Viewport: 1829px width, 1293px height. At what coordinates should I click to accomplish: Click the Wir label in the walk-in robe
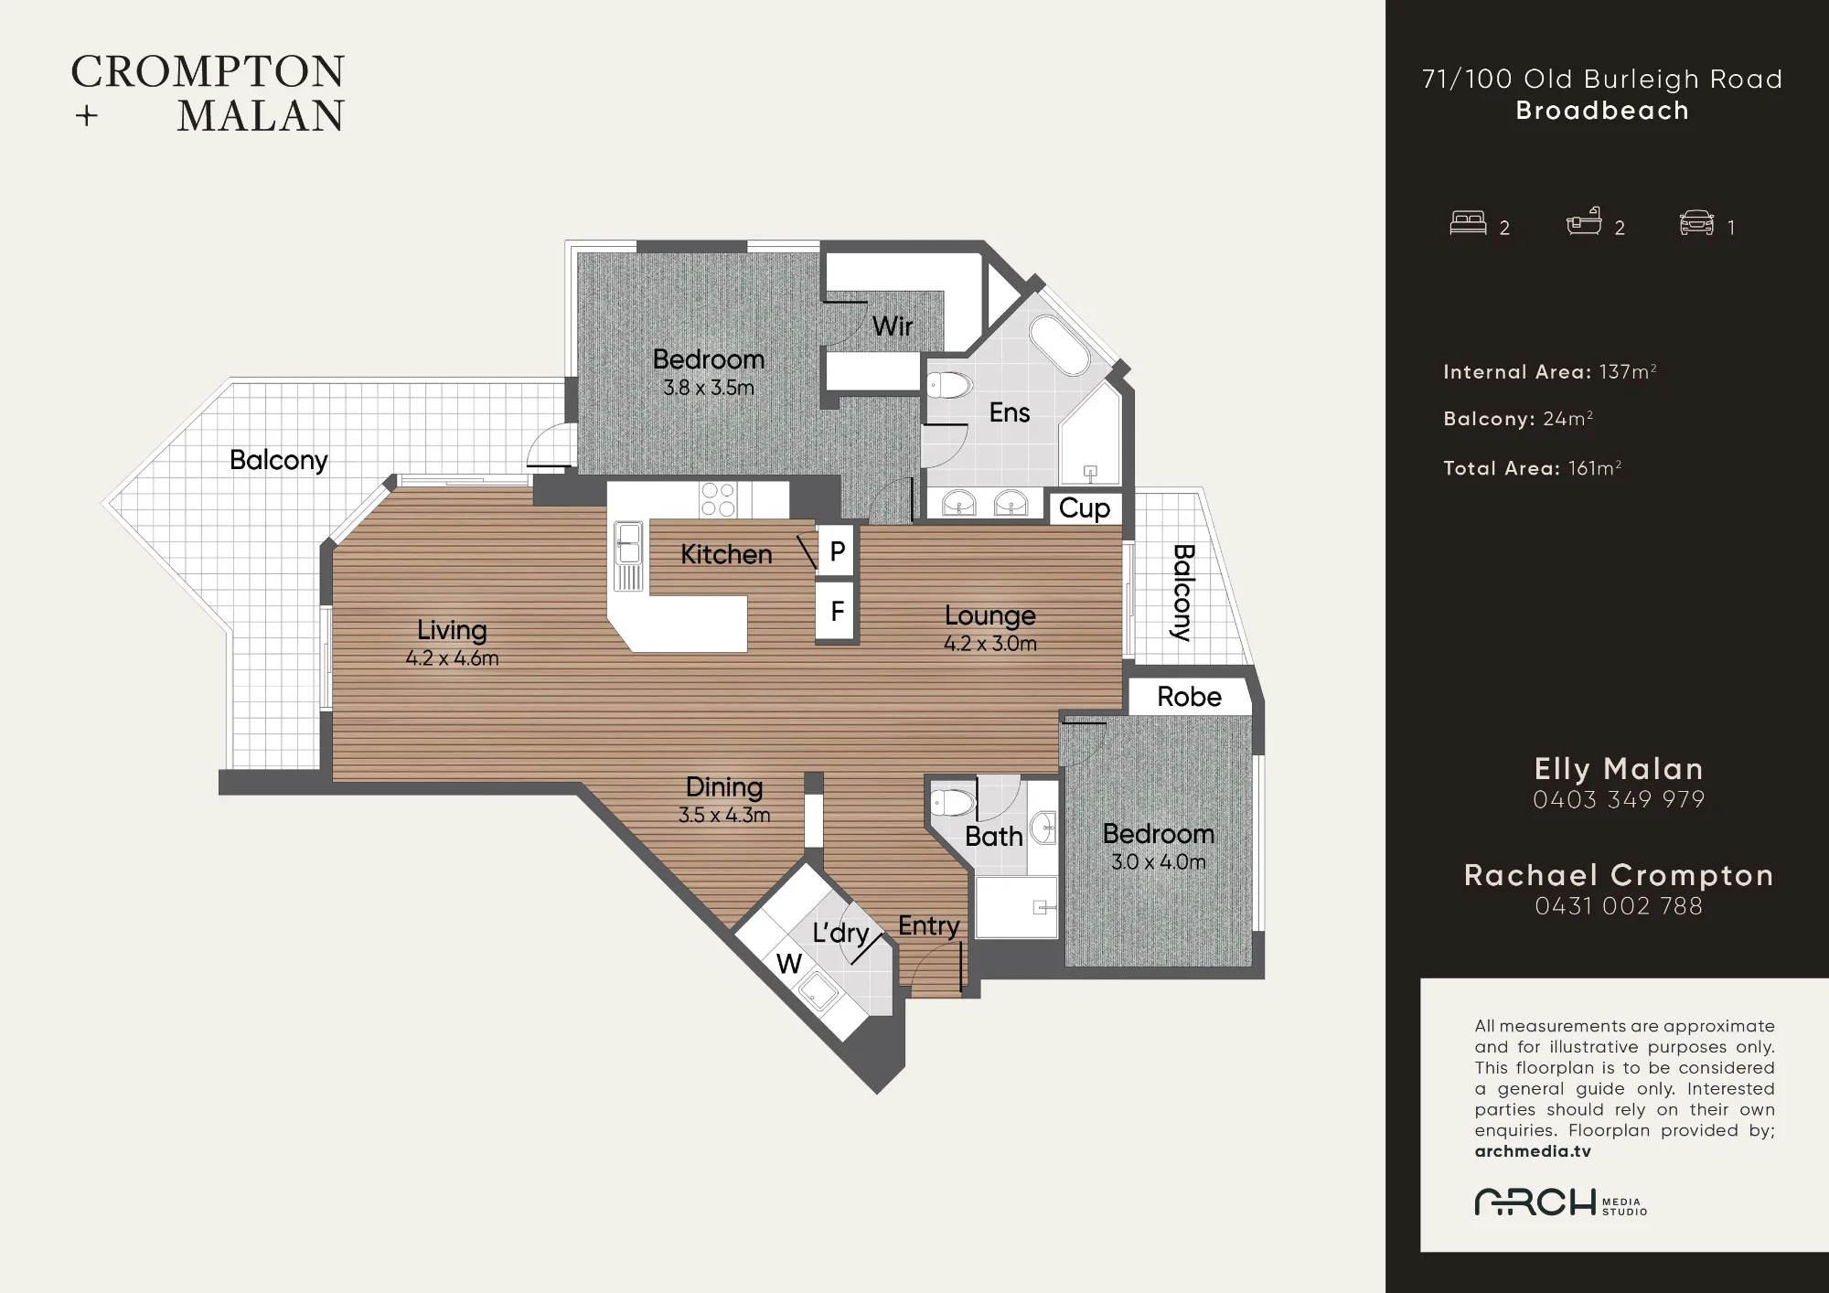893,326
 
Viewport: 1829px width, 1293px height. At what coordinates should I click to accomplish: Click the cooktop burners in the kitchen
718,500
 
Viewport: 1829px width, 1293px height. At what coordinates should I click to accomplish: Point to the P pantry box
836,550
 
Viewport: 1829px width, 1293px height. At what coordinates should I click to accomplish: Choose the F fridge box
836,611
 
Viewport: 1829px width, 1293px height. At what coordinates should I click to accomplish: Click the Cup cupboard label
1085,508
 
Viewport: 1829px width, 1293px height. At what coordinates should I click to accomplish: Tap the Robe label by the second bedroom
1189,697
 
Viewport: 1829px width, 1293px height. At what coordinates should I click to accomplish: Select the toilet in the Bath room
953,803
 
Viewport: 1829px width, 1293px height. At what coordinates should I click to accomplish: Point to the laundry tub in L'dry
818,991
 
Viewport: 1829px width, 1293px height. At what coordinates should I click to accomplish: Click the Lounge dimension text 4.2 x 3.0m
990,644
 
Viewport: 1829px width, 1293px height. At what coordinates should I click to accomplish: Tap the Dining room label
724,787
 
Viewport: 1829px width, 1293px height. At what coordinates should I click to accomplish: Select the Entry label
929,926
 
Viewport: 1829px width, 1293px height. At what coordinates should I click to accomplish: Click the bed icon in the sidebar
1469,223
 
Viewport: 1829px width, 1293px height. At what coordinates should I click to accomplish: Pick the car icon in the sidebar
1697,223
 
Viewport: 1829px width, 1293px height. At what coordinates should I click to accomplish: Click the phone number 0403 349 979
1619,800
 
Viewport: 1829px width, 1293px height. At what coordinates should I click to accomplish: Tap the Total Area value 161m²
1595,468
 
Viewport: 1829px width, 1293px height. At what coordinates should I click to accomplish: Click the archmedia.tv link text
1533,1151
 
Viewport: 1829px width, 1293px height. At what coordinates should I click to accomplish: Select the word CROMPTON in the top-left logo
209,72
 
